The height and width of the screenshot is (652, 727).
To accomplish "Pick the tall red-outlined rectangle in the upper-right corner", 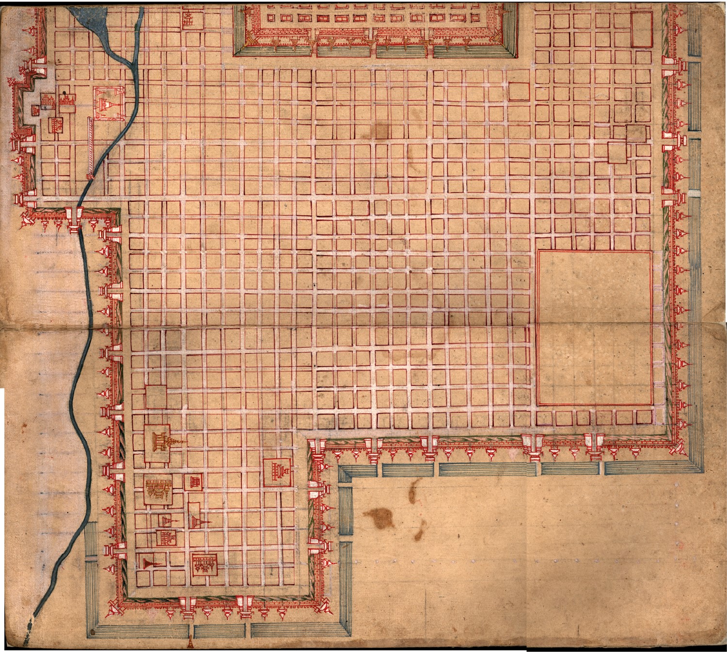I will (641, 30).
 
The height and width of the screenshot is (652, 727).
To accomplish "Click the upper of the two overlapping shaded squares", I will (636, 133).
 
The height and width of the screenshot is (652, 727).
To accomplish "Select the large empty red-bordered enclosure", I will (594, 328).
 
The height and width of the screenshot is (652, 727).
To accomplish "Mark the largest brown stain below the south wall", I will (379, 518).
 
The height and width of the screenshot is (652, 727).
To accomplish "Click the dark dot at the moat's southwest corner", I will (92, 632).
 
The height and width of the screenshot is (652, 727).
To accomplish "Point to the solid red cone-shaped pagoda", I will (146, 562).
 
